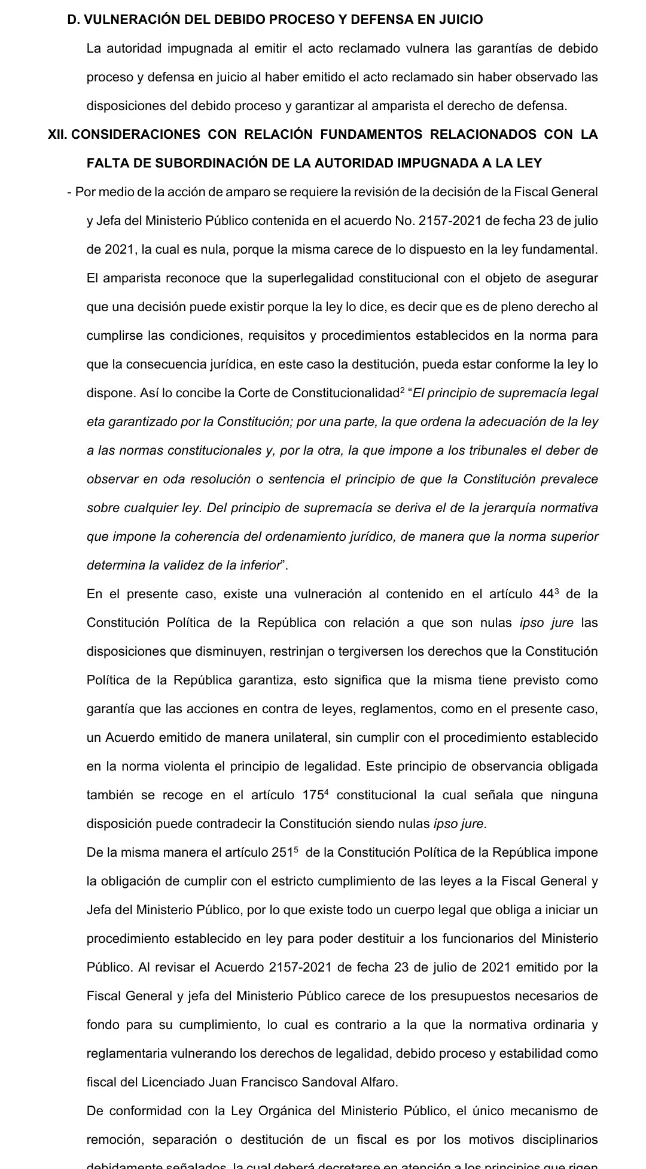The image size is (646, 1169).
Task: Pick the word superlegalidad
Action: [291, 278]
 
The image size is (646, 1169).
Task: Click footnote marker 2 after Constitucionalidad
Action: [403, 390]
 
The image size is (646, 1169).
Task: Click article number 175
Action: [313, 795]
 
